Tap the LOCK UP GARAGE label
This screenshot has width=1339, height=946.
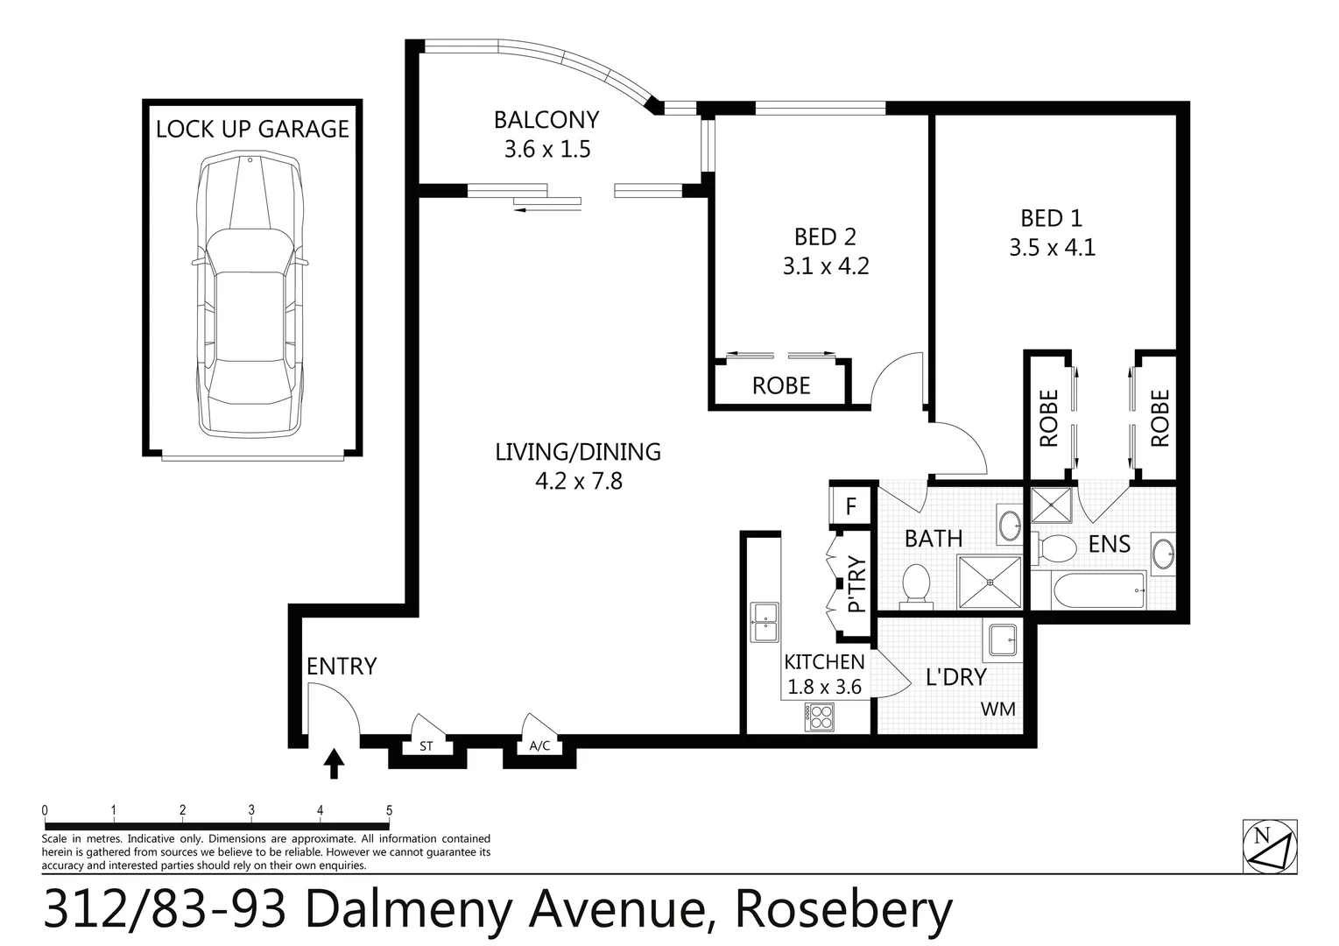pyautogui.click(x=252, y=129)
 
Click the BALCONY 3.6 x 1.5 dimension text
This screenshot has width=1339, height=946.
pyautogui.click(x=547, y=150)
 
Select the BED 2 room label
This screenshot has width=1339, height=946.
pyautogui.click(x=825, y=236)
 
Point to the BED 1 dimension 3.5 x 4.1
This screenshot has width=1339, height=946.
pyautogui.click(x=1052, y=248)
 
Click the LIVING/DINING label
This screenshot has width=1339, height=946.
pyautogui.click(x=578, y=452)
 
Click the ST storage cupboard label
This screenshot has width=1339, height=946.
pyautogui.click(x=426, y=747)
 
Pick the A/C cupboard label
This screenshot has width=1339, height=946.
pyautogui.click(x=539, y=747)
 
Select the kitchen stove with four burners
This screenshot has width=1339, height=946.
pyautogui.click(x=820, y=717)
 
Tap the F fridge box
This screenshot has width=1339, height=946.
pyautogui.click(x=850, y=507)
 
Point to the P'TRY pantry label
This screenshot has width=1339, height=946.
pyautogui.click(x=856, y=584)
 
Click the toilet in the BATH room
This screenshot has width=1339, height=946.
pyautogui.click(x=916, y=583)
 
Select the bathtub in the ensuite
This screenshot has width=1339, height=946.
pyautogui.click(x=1100, y=591)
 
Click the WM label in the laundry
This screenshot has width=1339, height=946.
pyautogui.click(x=997, y=709)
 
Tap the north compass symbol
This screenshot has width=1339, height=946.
pyautogui.click(x=1269, y=846)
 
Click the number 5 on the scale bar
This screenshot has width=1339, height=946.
pyautogui.click(x=389, y=810)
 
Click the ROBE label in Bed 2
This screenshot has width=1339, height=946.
pyautogui.click(x=781, y=385)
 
